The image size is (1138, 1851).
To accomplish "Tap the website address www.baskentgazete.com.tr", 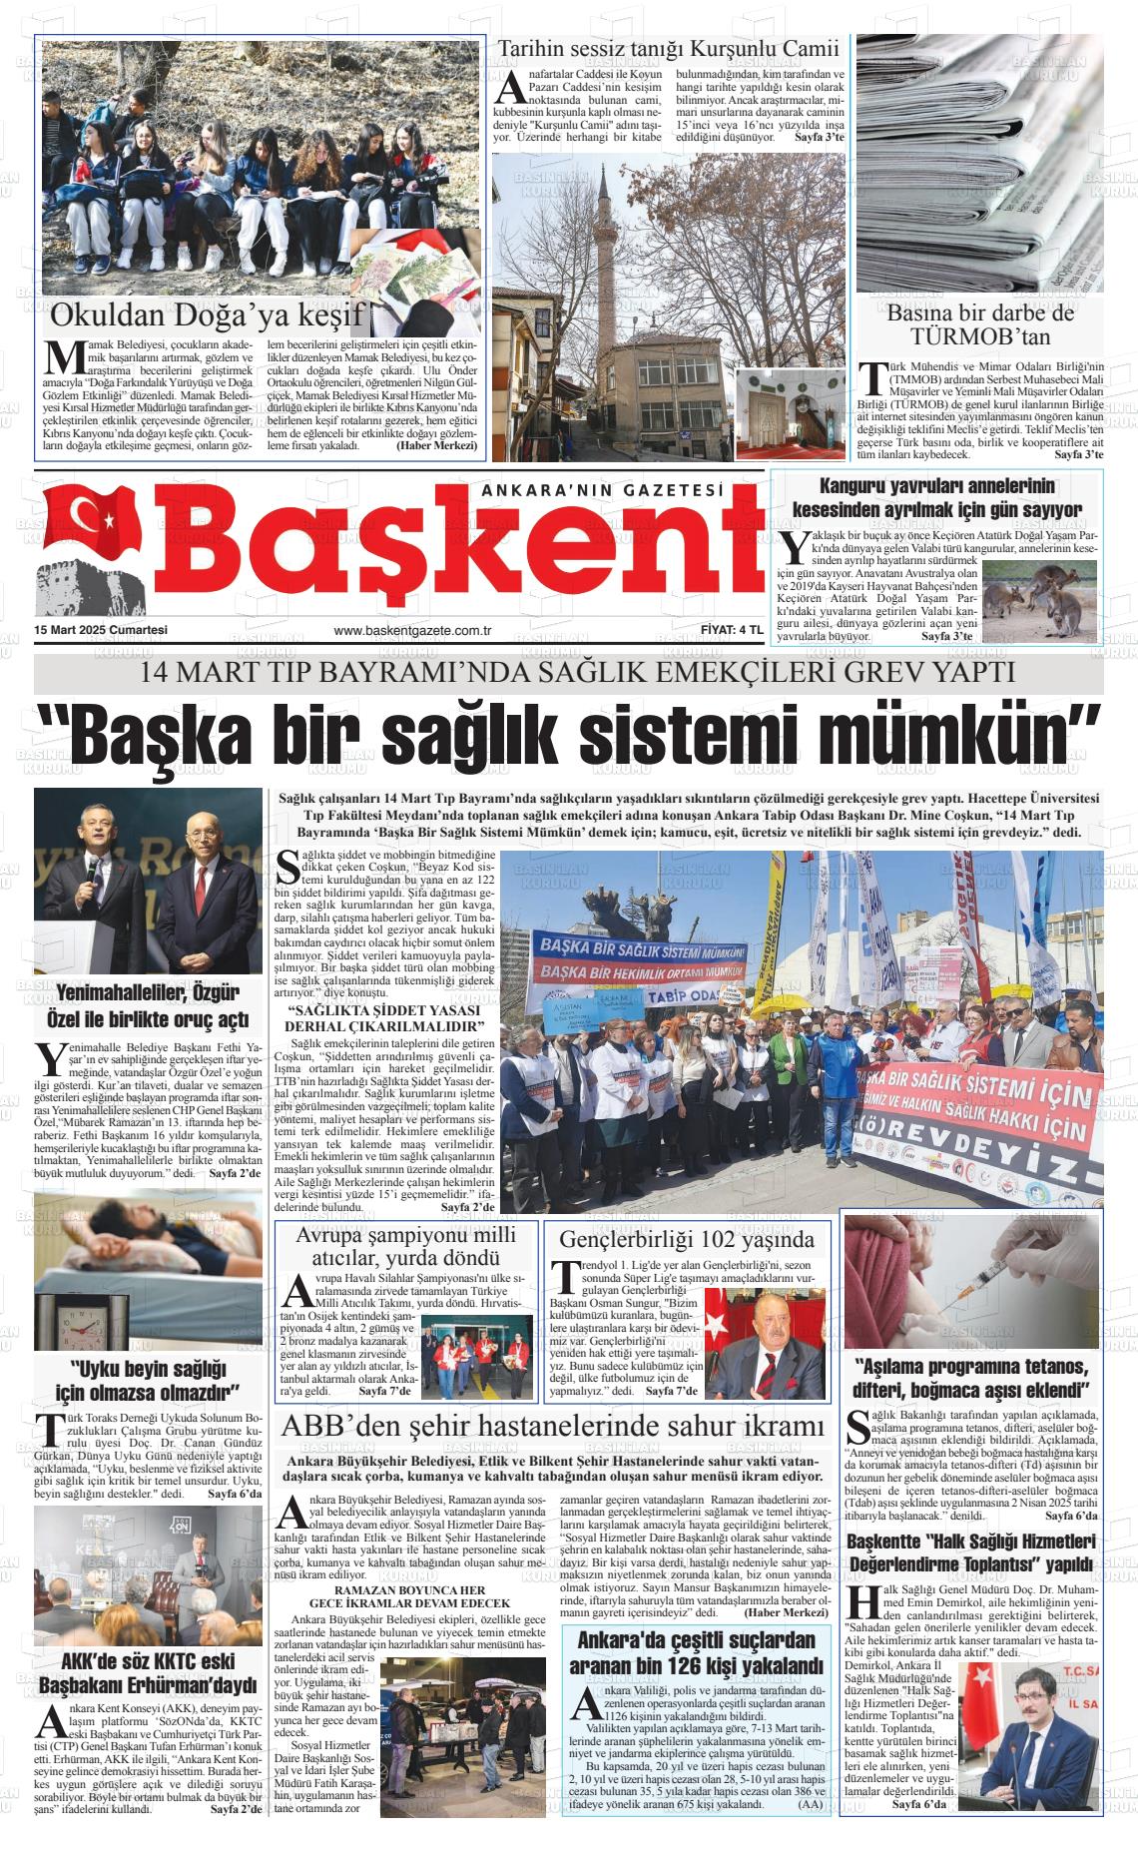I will coord(415,630).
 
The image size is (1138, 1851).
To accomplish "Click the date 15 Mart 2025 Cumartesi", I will coord(100,630).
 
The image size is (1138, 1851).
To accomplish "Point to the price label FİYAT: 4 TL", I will coord(732,630).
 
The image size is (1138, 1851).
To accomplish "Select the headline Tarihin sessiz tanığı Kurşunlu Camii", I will coord(669,49).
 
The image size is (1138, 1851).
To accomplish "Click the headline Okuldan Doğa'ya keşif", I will coord(205,315).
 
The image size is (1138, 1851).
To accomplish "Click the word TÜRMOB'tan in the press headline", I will coord(980,337).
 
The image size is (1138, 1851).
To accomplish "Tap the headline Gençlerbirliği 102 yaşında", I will coord(687,1239).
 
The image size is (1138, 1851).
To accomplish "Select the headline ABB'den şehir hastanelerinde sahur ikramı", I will coord(554,1425).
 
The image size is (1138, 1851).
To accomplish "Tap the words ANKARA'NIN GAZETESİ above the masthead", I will coord(601,490).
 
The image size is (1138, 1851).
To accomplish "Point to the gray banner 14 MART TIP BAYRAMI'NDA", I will coord(569,672).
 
